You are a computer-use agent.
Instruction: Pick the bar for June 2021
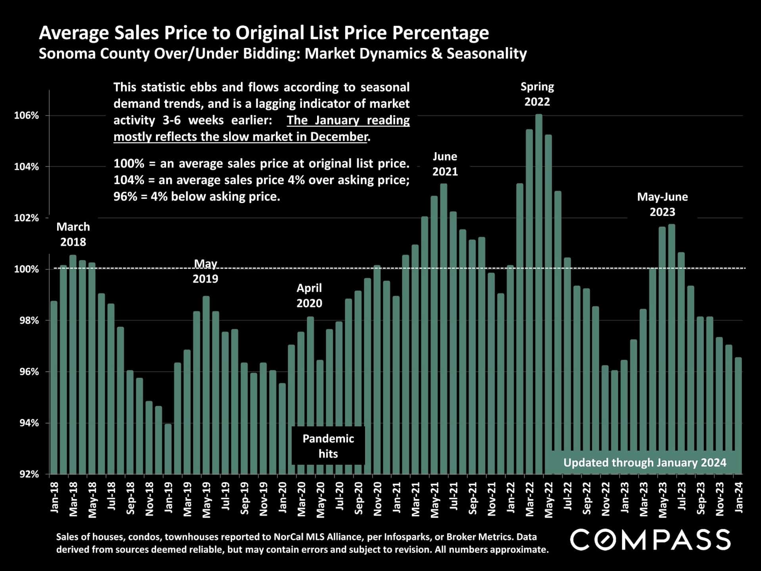click(x=444, y=329)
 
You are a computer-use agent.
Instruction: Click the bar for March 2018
click(x=73, y=365)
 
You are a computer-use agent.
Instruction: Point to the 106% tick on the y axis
click(x=27, y=116)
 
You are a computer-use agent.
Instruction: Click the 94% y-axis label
click(x=27, y=423)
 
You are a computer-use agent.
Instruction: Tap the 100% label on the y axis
click(x=27, y=269)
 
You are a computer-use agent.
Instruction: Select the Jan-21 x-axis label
click(x=396, y=498)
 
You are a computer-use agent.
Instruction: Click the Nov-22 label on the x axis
click(x=606, y=498)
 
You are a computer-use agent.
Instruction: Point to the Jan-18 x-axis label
click(x=54, y=498)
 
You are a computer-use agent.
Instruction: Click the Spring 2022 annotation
click(x=537, y=94)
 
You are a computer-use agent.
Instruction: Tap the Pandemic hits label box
click(x=328, y=446)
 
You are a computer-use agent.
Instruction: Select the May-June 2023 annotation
click(x=662, y=204)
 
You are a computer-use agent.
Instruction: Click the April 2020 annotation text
click(x=309, y=296)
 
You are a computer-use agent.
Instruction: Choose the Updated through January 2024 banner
click(x=644, y=462)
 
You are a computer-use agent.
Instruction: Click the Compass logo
click(x=650, y=540)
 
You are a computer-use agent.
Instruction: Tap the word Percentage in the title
click(x=440, y=33)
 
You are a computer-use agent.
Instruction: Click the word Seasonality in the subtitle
click(x=487, y=53)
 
